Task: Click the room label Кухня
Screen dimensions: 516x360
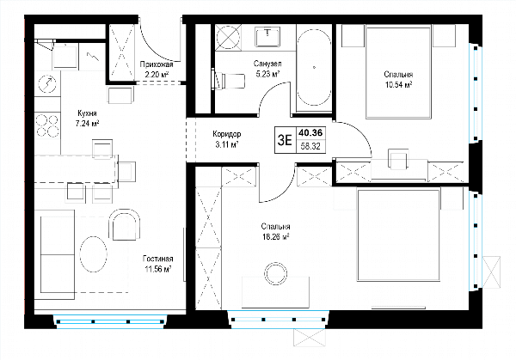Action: tap(87, 113)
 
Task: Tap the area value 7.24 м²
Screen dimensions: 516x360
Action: tap(87, 124)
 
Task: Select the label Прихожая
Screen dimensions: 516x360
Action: tap(157, 64)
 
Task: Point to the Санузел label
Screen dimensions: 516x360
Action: tap(267, 64)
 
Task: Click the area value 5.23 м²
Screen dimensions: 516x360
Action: tap(267, 74)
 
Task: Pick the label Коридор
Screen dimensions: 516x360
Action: tap(227, 134)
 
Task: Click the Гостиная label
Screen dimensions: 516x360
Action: tap(158, 259)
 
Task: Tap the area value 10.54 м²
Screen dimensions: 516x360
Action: tap(398, 85)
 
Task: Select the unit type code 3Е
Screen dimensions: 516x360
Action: tap(285, 140)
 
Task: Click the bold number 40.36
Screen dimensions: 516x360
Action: tap(310, 133)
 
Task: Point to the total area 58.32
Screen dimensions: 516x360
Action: tap(310, 146)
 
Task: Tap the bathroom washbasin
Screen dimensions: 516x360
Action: tap(267, 36)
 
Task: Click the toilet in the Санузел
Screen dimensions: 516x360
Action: tap(230, 80)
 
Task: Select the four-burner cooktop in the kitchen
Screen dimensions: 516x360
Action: tap(47, 125)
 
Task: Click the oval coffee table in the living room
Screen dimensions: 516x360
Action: tap(94, 254)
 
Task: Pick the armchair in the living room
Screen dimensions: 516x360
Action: tap(125, 224)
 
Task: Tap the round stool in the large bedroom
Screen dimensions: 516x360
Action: tap(276, 272)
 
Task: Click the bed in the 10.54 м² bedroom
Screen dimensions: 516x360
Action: tap(398, 73)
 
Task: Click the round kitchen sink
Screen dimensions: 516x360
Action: tap(47, 84)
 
